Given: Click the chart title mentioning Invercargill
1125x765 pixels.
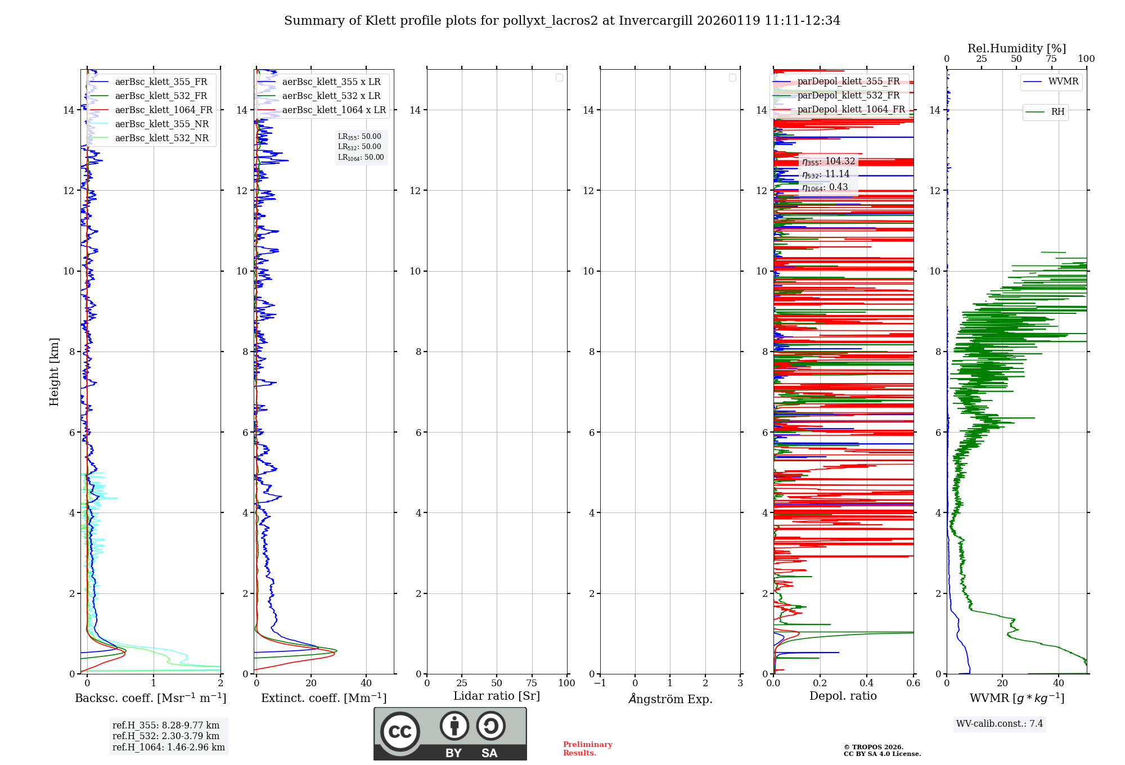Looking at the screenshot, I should (562, 21).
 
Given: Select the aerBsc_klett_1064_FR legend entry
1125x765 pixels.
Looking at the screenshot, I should (164, 110).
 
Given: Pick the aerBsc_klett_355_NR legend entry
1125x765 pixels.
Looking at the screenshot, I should (161, 124).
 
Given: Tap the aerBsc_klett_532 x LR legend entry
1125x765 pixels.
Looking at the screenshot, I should (331, 96).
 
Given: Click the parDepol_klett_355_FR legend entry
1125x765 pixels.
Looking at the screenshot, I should (848, 82).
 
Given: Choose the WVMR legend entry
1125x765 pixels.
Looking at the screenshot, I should (1063, 82).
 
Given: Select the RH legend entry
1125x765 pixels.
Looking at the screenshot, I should (1057, 112).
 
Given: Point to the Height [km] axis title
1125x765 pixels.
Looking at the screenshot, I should (54, 372).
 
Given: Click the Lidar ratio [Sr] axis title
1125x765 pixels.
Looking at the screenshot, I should (497, 696).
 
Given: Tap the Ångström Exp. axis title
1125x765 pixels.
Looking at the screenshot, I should (670, 699).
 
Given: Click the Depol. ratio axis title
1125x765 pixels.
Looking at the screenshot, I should (843, 696).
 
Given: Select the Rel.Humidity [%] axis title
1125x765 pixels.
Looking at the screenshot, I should (1016, 48).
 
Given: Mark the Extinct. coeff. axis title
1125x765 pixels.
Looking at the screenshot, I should (323, 699).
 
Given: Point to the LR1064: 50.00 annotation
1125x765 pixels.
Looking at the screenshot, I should (361, 157).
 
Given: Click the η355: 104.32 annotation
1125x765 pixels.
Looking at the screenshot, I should (829, 162).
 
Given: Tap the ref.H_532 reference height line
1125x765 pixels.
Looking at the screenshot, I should (166, 736).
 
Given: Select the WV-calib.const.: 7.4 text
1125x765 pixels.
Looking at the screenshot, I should (999, 724).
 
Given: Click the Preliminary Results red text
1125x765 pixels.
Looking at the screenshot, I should (587, 749).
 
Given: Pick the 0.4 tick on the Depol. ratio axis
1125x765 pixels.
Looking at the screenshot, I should (867, 683).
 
